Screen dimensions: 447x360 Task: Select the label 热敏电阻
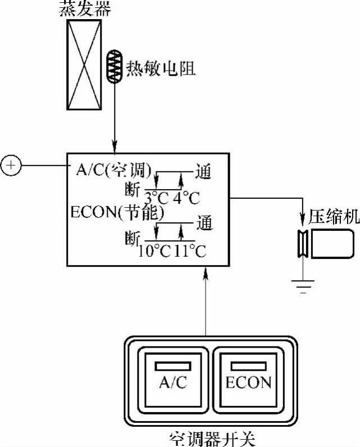[161, 69]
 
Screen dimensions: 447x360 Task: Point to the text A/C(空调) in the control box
[113, 169]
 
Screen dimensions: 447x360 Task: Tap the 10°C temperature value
[153, 250]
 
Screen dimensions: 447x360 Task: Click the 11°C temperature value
[189, 250]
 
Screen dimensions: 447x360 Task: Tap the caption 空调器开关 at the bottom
[209, 437]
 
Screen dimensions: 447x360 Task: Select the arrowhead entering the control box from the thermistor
[115, 147]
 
